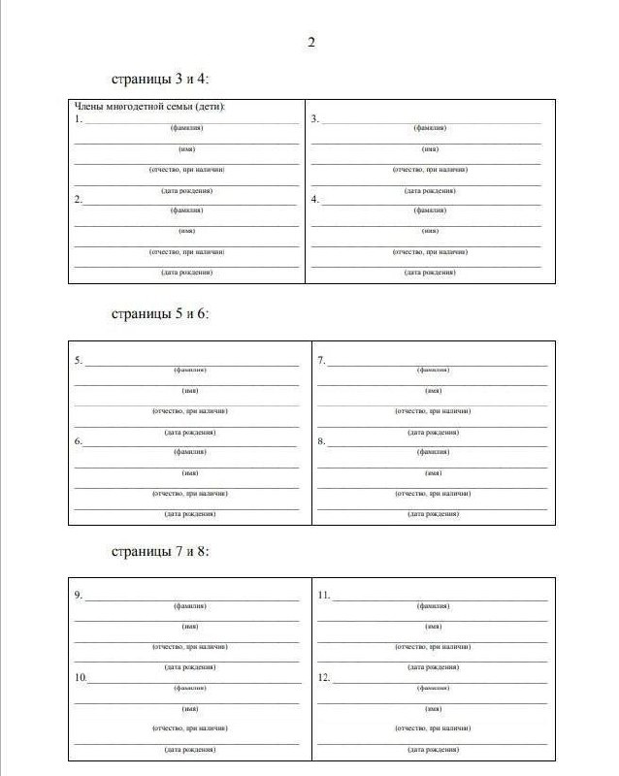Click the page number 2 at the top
pos(311,42)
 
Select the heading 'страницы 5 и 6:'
pos(160,314)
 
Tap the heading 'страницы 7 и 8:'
pos(160,551)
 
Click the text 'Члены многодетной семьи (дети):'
pos(156,107)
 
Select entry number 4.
pos(315,200)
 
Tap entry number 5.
pos(79,360)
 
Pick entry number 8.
pos(321,441)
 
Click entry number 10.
pos(81,677)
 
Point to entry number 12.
pos(325,677)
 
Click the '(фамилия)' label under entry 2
pos(186,210)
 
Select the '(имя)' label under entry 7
pos(434,390)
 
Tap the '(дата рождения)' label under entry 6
pos(189,513)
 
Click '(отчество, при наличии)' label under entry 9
pos(189,646)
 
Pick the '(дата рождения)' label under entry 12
pos(433,750)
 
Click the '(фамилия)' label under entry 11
pos(433,605)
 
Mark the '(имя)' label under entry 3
pos(430,148)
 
